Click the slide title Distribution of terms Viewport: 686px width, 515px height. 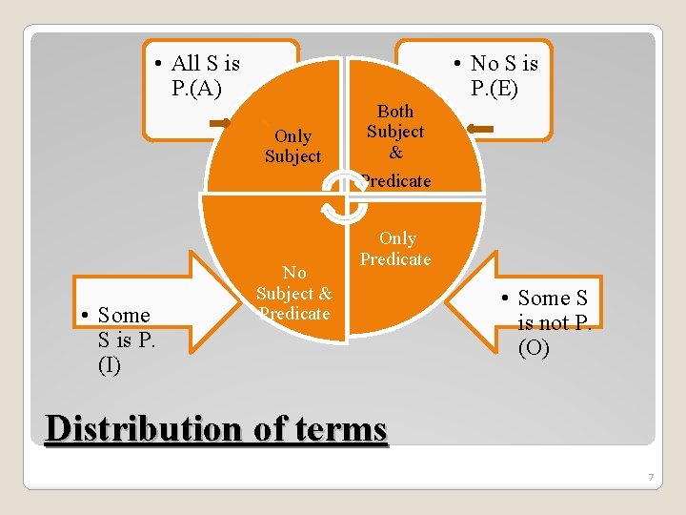pyautogui.click(x=216, y=429)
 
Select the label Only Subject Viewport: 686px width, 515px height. pyautogui.click(x=293, y=146)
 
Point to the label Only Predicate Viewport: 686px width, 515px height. pyautogui.click(x=395, y=248)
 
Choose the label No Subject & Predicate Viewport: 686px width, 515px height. pyautogui.click(x=293, y=293)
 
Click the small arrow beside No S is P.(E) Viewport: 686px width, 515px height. pyautogui.click(x=480, y=128)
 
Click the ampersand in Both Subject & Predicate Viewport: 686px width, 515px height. pyautogui.click(x=395, y=152)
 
